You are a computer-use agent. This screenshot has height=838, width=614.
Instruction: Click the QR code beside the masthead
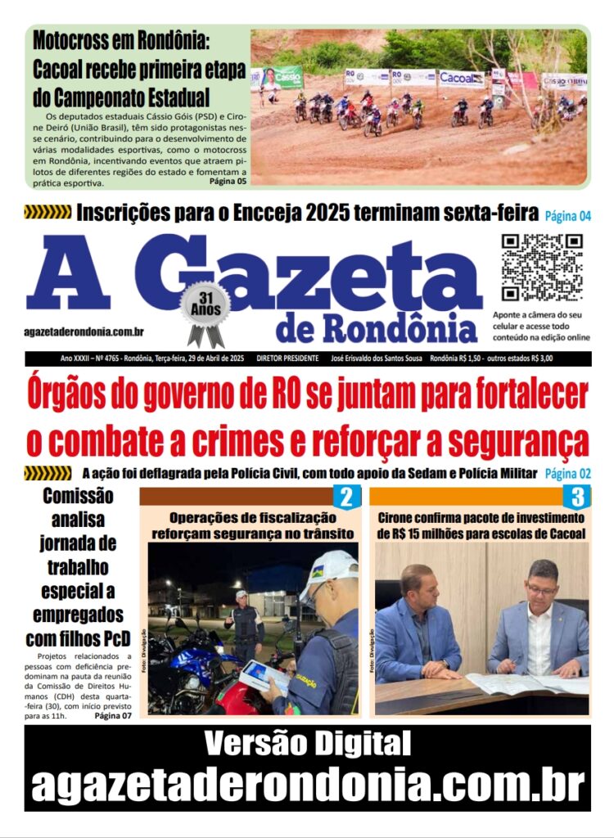541,268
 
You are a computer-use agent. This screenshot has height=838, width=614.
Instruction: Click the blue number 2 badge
345,497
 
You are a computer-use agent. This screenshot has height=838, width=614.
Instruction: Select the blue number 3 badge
576,497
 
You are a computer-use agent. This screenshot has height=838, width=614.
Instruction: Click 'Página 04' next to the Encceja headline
567,216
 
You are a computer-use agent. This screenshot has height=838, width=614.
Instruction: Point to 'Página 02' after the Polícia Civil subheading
567,473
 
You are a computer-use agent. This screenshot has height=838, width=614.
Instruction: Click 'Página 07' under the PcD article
112,716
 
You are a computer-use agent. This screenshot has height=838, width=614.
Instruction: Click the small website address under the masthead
85,331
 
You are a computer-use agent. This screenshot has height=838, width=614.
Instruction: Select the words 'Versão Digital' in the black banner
307,745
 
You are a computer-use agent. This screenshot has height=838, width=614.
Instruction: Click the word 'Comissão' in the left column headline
78,496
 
